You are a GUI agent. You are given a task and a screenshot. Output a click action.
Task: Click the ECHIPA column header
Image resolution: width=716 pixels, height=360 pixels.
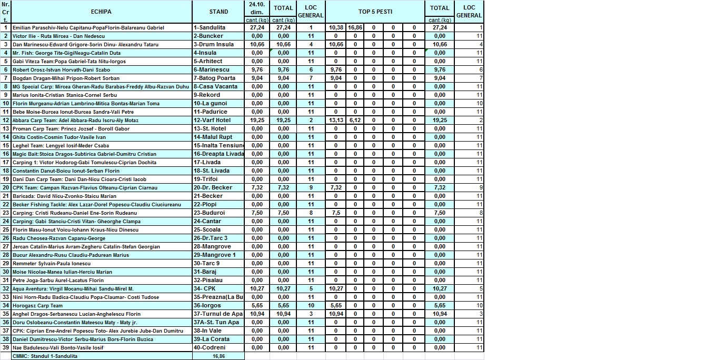point(101,12)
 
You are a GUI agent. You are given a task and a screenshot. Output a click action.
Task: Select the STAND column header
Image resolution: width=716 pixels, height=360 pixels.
point(218,12)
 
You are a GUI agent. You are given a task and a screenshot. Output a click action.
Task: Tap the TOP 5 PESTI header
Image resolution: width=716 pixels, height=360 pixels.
point(375,12)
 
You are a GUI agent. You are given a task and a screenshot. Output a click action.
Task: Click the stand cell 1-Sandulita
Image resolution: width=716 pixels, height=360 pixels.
point(210,27)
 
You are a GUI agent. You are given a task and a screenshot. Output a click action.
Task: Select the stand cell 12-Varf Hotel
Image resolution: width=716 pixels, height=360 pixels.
point(212,120)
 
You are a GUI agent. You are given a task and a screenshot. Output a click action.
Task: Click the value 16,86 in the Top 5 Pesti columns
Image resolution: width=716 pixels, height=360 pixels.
point(355,27)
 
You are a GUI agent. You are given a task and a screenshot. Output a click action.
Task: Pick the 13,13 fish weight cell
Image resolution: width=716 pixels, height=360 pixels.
point(336,120)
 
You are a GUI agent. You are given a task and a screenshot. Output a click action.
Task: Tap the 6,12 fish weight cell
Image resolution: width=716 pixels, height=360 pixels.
point(355,120)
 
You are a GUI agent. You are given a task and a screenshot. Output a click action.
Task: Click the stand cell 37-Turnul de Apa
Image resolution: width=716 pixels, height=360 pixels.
point(218,314)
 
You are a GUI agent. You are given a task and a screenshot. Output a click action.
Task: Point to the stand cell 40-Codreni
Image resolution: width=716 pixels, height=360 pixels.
point(210,347)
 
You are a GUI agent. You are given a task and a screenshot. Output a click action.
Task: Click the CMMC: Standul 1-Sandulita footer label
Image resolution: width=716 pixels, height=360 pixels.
point(45,356)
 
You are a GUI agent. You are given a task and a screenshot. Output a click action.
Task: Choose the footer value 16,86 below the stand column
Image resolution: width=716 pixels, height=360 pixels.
point(218,356)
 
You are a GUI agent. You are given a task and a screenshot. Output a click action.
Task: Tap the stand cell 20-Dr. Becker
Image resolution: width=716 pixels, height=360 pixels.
point(213,187)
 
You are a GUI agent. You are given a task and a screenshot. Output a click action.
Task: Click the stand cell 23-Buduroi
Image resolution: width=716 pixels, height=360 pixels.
point(210,213)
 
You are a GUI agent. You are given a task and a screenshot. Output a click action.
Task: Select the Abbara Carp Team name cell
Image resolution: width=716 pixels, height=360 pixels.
point(75,120)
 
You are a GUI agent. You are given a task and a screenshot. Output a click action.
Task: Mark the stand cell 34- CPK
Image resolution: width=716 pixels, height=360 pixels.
point(205,288)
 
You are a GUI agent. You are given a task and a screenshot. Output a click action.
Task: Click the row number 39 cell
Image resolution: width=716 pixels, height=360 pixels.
point(6,347)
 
